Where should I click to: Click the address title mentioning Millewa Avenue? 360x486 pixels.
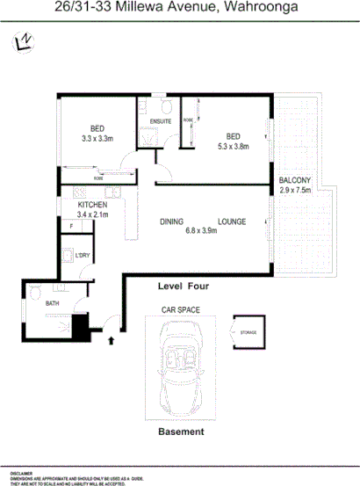tap(180, 10)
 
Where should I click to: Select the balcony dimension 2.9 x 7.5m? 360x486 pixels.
tap(296, 190)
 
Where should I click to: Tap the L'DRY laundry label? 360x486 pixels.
tap(84, 255)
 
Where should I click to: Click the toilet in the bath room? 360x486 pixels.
tap(35, 291)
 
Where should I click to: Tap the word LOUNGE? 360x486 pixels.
tap(232, 222)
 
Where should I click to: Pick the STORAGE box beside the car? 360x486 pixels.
tap(248, 332)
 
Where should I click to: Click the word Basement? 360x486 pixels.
tap(180, 432)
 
